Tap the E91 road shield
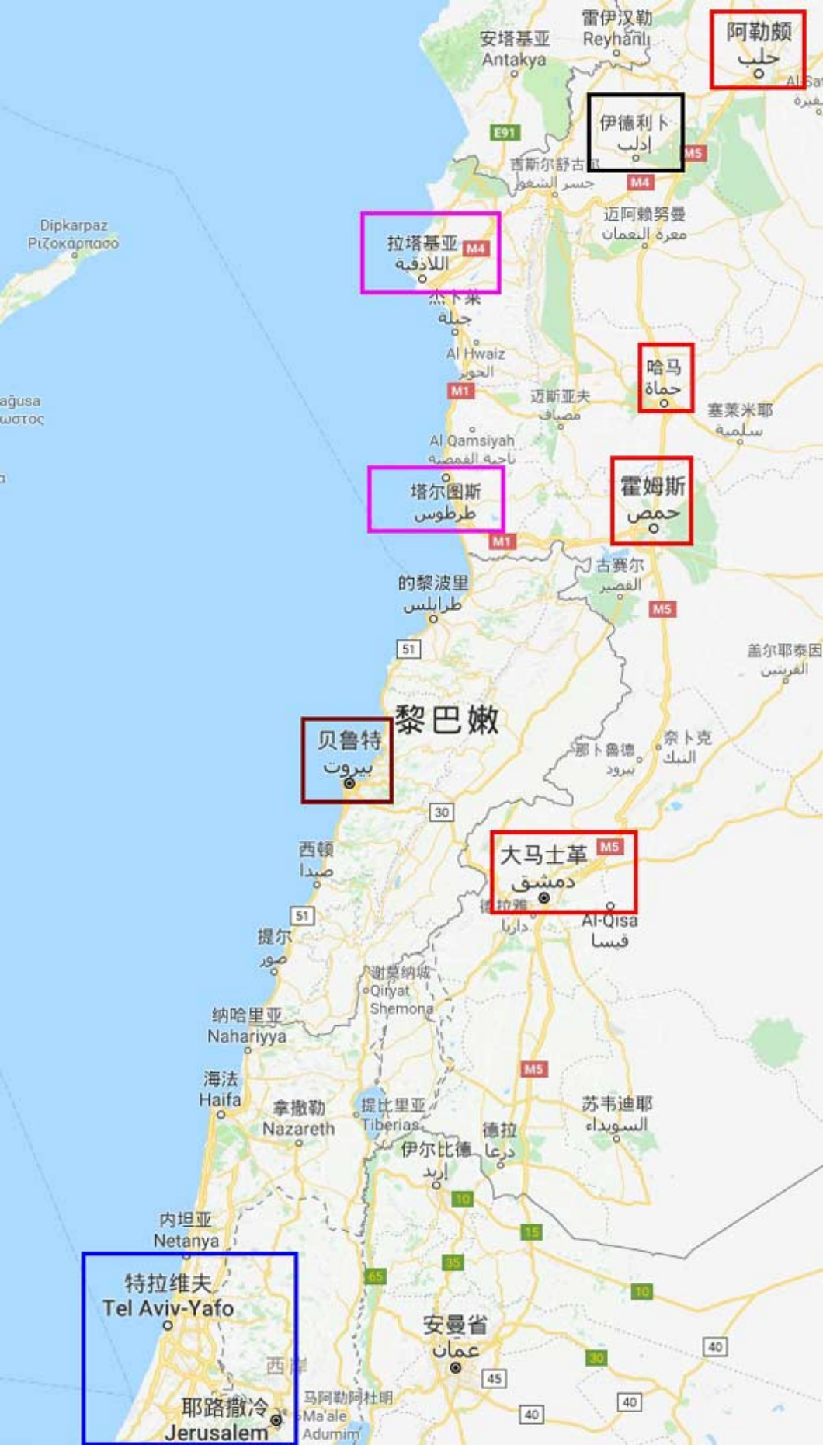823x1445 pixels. pyautogui.click(x=505, y=133)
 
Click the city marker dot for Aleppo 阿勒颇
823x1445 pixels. pyautogui.click(x=759, y=74)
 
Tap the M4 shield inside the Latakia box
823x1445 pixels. pyautogui.click(x=475, y=249)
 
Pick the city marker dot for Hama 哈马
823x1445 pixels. pyautogui.click(x=664, y=403)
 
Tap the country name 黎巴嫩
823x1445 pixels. pyautogui.click(x=446, y=720)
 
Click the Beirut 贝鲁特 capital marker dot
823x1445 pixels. pyautogui.click(x=349, y=783)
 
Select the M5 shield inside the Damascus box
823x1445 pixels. pyautogui.click(x=609, y=847)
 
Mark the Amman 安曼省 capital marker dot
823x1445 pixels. pyautogui.click(x=456, y=1368)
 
